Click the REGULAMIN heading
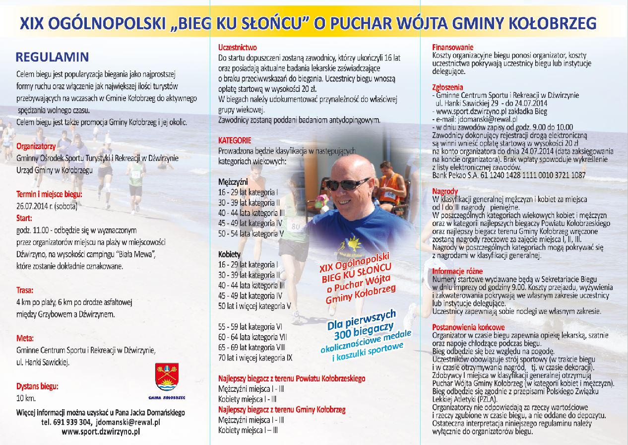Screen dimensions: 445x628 (x=52, y=57)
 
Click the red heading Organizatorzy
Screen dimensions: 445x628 (x=36, y=147)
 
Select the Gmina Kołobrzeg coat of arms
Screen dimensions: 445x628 (x=167, y=376)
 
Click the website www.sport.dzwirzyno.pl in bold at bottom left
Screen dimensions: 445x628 (x=101, y=432)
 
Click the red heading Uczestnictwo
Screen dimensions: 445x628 (x=238, y=48)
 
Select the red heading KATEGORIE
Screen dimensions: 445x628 (x=235, y=141)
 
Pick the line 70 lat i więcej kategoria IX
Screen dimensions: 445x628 (x=255, y=357)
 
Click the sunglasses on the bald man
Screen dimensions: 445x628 (x=347, y=184)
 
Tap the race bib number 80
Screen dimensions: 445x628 (x=296, y=226)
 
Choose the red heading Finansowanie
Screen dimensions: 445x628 (x=453, y=47)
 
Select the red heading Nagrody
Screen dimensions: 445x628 (x=445, y=191)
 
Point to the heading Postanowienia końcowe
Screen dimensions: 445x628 (x=468, y=327)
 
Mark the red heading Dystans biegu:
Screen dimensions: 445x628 (x=37, y=386)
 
